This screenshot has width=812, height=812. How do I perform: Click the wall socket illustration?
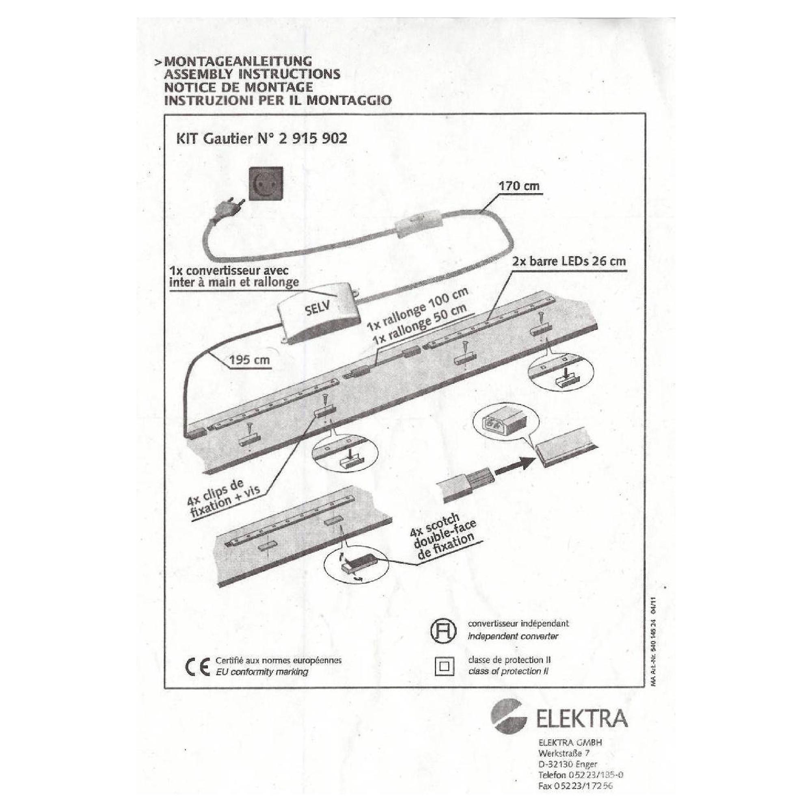click(x=266, y=184)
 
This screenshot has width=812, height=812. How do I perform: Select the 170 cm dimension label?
click(x=518, y=186)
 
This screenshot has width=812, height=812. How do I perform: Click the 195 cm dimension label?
click(x=250, y=360)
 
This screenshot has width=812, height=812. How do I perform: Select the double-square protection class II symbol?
click(x=444, y=666)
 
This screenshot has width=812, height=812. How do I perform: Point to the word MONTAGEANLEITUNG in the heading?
click(x=238, y=61)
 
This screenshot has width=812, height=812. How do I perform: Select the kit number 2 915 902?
click(x=313, y=138)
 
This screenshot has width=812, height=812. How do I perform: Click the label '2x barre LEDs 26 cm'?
click(x=569, y=261)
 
